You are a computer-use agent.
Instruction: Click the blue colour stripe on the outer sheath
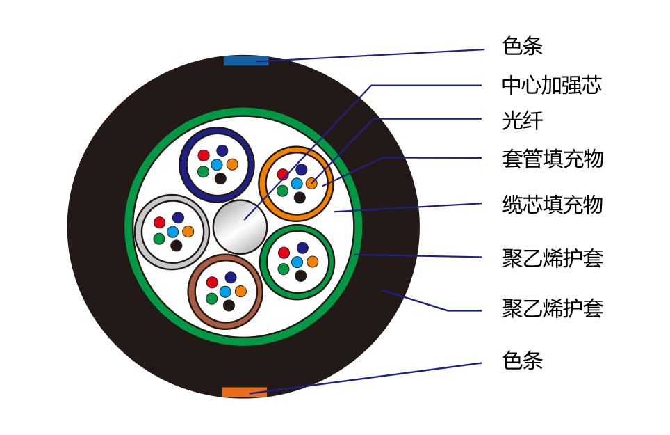coord(246,61)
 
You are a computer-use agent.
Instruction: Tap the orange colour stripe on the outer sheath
coord(245,392)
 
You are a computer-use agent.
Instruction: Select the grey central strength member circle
coord(240,227)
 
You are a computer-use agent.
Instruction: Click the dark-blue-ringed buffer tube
coord(217,165)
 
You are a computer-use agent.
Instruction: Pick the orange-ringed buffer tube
coord(296,184)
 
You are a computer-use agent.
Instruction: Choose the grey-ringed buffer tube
coord(172,232)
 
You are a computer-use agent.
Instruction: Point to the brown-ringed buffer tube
coord(225,292)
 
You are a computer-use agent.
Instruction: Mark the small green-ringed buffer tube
coord(297,262)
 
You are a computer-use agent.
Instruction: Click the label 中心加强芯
coord(552,85)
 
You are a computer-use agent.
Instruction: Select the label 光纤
coord(522,120)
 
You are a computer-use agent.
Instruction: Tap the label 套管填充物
coord(553,158)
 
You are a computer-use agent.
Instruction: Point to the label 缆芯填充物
coord(553,205)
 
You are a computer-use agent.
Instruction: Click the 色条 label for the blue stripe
coord(522,46)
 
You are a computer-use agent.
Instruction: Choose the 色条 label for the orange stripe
coord(522,360)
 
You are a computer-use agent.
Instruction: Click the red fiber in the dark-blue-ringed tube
coord(204,155)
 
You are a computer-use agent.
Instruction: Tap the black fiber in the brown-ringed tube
coord(229,306)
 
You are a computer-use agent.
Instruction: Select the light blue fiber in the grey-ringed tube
coord(172,232)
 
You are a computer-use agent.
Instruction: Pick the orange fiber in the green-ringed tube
coord(313,261)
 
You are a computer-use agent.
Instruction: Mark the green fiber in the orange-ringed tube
coord(282,191)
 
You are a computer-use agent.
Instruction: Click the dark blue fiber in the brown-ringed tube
coord(231,277)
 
